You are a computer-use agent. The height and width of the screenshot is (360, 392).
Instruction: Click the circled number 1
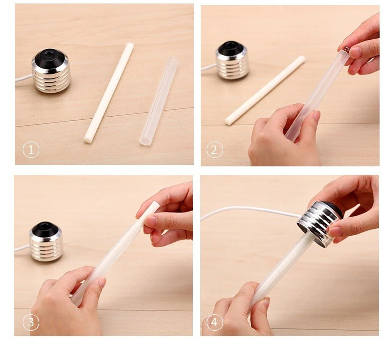31,150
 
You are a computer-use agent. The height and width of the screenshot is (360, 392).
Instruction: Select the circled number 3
31,322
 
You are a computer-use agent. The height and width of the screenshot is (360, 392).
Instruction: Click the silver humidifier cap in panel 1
51,71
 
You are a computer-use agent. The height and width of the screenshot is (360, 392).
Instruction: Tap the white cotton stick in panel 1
109,93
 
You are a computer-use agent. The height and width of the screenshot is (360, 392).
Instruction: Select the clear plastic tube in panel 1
158,101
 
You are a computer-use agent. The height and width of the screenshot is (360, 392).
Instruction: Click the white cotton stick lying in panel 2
265,90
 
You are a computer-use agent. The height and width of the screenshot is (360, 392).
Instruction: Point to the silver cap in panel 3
46,242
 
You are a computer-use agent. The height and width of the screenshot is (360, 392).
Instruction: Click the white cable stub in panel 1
24,78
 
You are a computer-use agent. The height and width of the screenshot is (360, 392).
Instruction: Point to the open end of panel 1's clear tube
146,142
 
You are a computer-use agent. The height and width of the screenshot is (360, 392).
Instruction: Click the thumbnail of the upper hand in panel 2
357,52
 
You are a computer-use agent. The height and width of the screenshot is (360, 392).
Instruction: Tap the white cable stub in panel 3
22,248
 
